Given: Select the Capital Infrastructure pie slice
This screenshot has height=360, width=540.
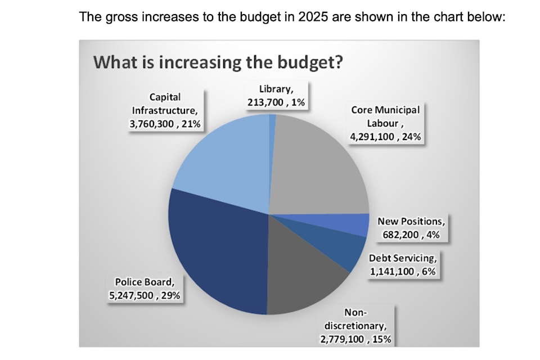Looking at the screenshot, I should click(219, 157).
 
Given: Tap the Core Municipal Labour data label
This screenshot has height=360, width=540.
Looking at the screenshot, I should click(385, 123).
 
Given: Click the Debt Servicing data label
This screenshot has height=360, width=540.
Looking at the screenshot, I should click(402, 265).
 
